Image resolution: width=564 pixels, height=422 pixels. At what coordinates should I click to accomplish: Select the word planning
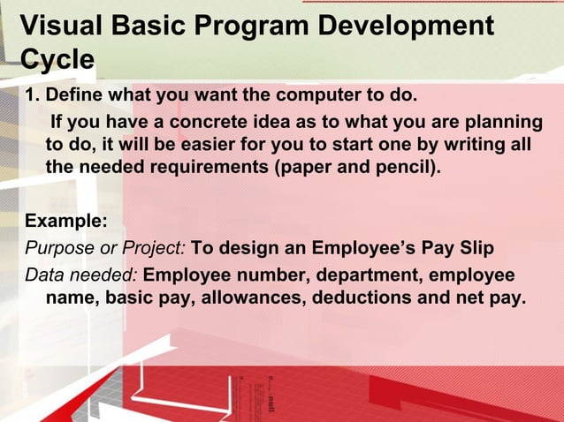click(503, 121)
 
